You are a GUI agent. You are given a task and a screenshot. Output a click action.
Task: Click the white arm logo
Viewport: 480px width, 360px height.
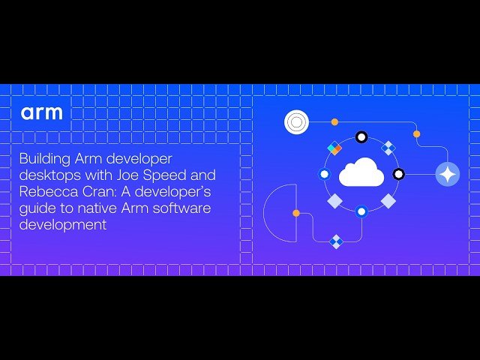[42, 113]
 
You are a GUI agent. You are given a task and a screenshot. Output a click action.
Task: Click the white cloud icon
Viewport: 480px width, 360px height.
[361, 173]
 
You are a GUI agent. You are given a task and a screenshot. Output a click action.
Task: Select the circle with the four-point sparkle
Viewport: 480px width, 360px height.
[448, 174]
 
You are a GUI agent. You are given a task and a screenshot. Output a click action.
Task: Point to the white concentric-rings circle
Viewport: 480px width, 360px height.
[297, 121]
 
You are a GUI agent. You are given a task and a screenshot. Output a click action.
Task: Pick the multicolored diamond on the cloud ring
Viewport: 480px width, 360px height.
[334, 148]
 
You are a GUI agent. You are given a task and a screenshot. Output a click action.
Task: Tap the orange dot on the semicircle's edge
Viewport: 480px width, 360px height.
[296, 214]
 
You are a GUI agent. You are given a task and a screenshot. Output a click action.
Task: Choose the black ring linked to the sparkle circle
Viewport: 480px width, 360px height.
[399, 174]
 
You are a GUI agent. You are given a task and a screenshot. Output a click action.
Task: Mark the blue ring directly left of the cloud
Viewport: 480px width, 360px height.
[324, 174]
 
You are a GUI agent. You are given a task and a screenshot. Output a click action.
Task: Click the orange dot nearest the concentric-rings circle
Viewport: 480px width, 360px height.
[334, 121]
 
